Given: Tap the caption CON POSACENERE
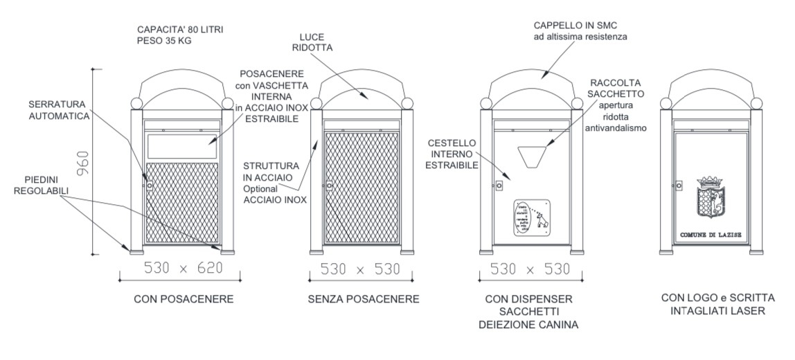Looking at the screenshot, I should pyautogui.click(x=184, y=300).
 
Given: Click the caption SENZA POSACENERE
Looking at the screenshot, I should pyautogui.click(x=364, y=300).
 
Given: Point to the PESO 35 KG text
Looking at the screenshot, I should pyautogui.click(x=163, y=41).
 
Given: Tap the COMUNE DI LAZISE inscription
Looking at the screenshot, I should pyautogui.click(x=711, y=235).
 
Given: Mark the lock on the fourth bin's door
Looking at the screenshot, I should pyautogui.click(x=679, y=185).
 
